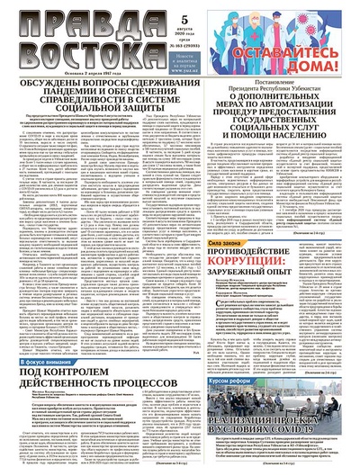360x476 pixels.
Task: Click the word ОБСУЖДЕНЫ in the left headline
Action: click(55, 87)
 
